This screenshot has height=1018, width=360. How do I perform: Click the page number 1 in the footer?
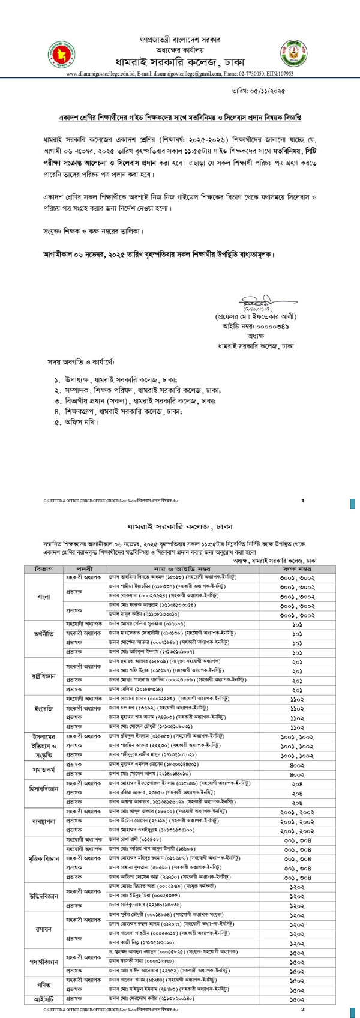coord(303,499)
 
